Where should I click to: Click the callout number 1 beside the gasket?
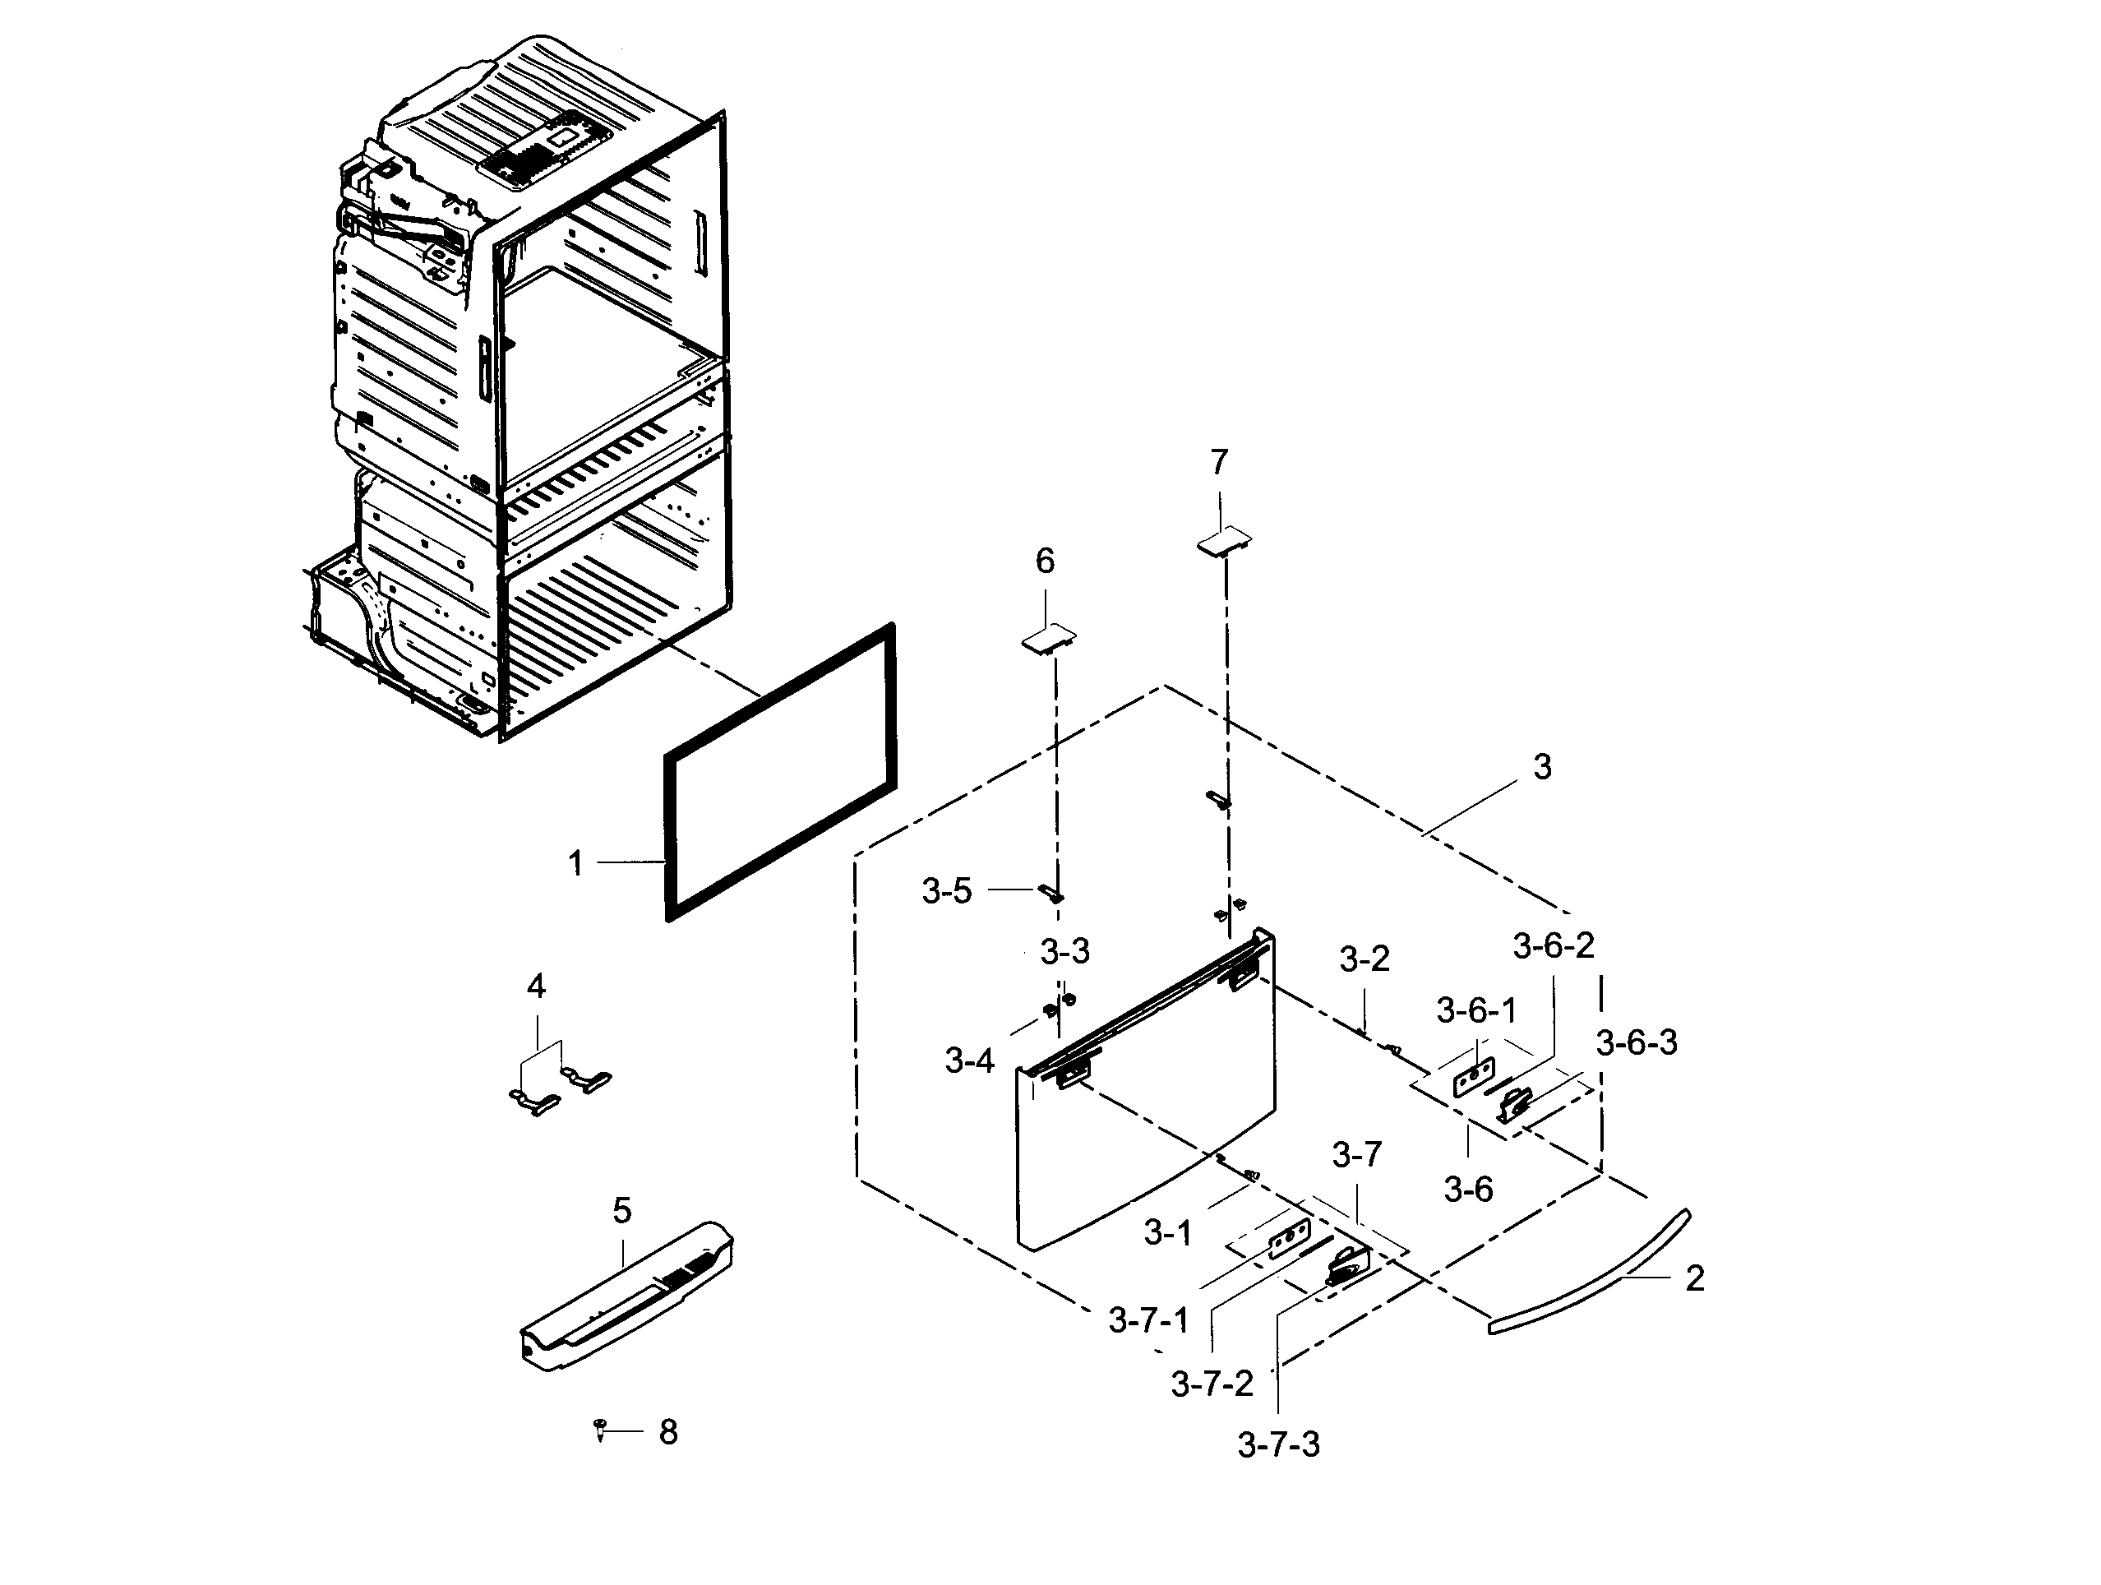tap(575, 863)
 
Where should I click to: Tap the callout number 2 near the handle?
tap(1694, 1278)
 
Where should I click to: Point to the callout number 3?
tap(1543, 766)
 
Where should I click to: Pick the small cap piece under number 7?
tap(1224, 540)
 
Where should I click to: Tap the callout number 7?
tap(1219, 463)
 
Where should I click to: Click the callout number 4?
tap(536, 987)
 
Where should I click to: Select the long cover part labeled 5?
tap(627, 1297)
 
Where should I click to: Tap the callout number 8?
tap(668, 1432)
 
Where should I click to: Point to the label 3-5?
tap(947, 891)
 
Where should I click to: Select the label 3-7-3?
tap(1278, 1444)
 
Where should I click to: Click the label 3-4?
tap(969, 1060)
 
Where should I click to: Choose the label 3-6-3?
tap(1637, 1042)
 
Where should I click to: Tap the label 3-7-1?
tap(1148, 1320)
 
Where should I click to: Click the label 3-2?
tap(1364, 959)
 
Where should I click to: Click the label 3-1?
tap(1167, 1232)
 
